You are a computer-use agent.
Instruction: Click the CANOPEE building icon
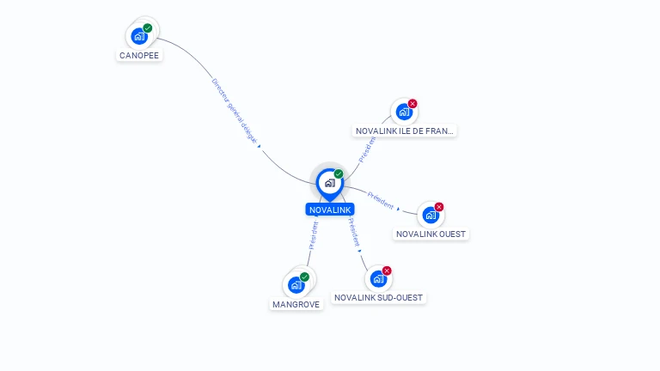point(139,37)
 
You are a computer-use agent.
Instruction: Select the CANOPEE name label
point(139,55)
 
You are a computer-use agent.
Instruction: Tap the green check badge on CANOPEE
point(148,28)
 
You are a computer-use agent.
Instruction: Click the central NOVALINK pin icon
point(329,183)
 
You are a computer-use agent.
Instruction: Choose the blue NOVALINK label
point(330,210)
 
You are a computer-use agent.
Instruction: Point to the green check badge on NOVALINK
point(339,173)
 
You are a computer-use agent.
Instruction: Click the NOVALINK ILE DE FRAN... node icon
point(403,112)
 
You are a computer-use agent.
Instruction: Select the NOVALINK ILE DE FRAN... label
point(405,131)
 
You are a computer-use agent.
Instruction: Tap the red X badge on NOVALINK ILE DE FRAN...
point(412,104)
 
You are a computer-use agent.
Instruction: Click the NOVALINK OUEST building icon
point(430,215)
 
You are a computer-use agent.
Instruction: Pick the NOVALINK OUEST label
point(431,234)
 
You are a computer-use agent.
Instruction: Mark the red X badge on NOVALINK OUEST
point(439,207)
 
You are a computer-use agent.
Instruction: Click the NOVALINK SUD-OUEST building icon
point(377,279)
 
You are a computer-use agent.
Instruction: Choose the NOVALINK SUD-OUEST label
point(379,298)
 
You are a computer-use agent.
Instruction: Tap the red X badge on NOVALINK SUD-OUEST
point(387,271)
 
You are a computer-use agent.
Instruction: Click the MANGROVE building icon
point(296,285)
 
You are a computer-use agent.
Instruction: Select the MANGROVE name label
point(296,304)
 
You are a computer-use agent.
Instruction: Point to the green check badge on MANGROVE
point(305,277)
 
